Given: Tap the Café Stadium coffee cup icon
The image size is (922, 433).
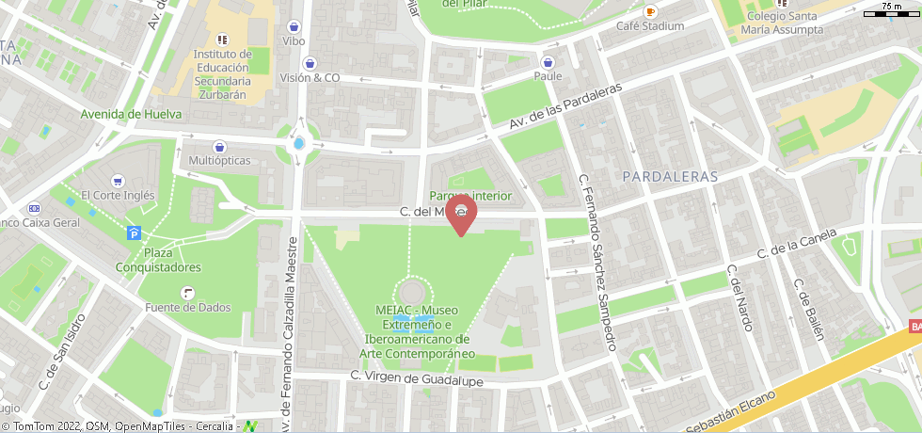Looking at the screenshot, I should pos(650,11).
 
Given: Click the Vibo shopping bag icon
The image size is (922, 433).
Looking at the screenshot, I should pos(294,27).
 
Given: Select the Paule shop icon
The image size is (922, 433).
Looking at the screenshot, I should pos(548,62).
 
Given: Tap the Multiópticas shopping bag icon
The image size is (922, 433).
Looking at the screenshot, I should pos(219,147).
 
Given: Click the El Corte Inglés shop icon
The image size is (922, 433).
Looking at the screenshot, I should pos(118,181).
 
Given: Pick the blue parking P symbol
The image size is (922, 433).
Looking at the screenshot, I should pos(135,233).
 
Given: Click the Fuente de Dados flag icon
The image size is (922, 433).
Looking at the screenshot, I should pos(188,293).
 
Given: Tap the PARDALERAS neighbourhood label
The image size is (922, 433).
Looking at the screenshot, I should pos(670,176).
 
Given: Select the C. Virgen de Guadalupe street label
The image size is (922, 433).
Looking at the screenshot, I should pos(416,377).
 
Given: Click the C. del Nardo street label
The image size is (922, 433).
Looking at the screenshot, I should pos(740,297).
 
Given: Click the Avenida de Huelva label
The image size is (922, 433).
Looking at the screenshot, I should pos(130,114).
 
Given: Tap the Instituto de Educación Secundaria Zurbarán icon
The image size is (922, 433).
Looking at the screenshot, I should pos(222,40).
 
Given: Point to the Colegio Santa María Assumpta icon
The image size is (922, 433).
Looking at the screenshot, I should pos(780,3).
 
